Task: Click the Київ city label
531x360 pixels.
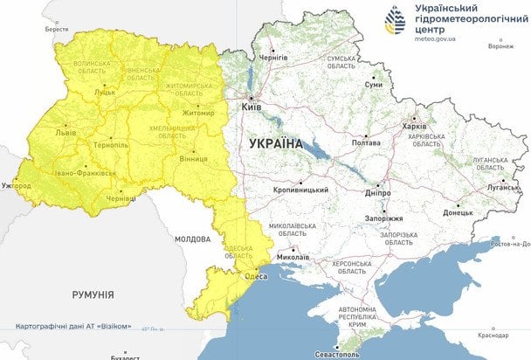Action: [252, 106]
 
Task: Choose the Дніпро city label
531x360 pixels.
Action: [377, 192]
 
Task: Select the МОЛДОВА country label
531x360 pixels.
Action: [191, 238]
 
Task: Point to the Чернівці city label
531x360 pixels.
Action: [120, 199]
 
